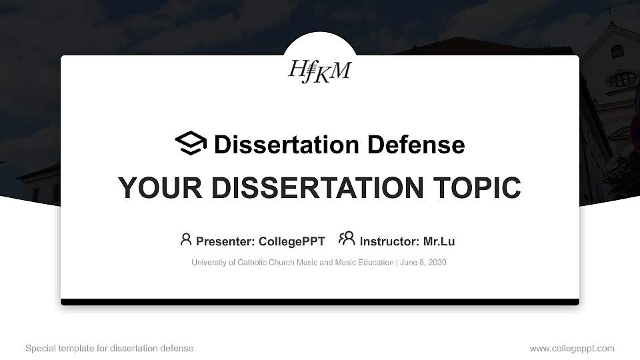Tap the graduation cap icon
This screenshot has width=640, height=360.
click(x=191, y=143)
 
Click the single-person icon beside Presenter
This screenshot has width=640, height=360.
click(x=186, y=239)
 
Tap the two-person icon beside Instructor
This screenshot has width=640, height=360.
click(x=347, y=239)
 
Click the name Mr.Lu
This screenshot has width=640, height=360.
click(x=439, y=241)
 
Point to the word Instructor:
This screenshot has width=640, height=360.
click(x=389, y=241)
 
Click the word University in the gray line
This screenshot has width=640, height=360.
click(x=209, y=263)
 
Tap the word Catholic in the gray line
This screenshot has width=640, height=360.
click(x=253, y=263)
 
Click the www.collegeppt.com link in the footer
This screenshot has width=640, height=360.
click(x=572, y=348)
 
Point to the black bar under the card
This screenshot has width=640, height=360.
click(x=320, y=302)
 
